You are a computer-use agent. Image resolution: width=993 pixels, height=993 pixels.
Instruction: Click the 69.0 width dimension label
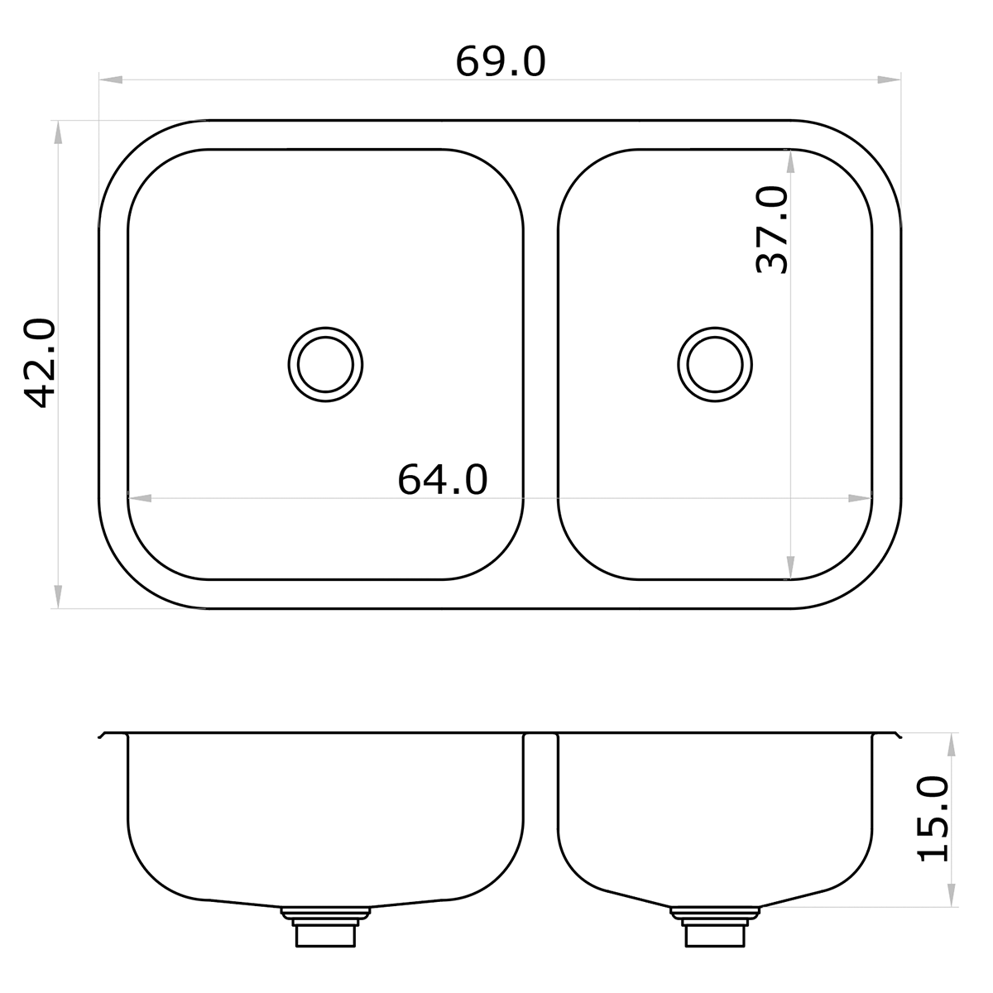pyautogui.click(x=501, y=62)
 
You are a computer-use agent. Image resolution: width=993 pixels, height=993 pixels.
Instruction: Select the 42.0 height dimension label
pyautogui.click(x=40, y=363)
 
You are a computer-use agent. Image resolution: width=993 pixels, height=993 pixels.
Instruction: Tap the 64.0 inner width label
pyautogui.click(x=443, y=479)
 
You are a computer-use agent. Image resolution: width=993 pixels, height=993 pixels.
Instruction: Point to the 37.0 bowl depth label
pyautogui.click(x=773, y=229)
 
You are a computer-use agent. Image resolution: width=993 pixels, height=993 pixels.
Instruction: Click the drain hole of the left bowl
pyautogui.click(x=326, y=364)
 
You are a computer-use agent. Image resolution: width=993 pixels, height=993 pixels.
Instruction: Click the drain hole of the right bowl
pyautogui.click(x=715, y=364)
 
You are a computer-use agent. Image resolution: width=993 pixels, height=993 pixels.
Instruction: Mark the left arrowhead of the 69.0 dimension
pyautogui.click(x=111, y=80)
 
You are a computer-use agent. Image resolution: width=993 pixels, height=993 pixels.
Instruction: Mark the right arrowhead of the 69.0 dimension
pyautogui.click(x=890, y=80)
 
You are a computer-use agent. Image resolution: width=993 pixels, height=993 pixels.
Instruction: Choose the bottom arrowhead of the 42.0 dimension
pyautogui.click(x=57, y=597)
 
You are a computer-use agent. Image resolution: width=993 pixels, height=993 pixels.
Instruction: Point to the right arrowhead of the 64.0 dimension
pyautogui.click(x=861, y=498)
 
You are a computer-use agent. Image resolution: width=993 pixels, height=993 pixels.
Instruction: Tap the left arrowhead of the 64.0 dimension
pyautogui.click(x=139, y=498)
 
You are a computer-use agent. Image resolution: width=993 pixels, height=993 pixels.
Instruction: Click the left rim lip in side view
pyautogui.click(x=103, y=735)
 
